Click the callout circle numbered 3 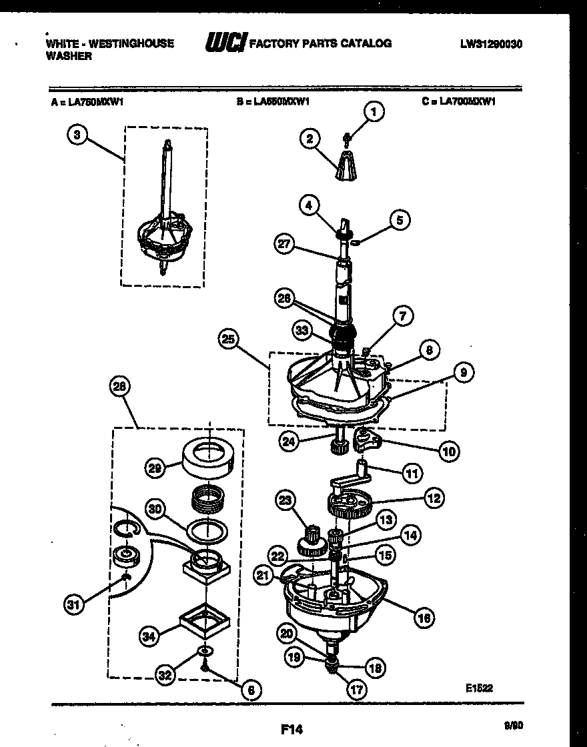click(77, 134)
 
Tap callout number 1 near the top click(374, 112)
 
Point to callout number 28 click(122, 386)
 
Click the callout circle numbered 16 click(423, 618)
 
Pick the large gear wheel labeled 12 click(351, 501)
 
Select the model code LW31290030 click(490, 45)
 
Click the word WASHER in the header click(69, 57)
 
